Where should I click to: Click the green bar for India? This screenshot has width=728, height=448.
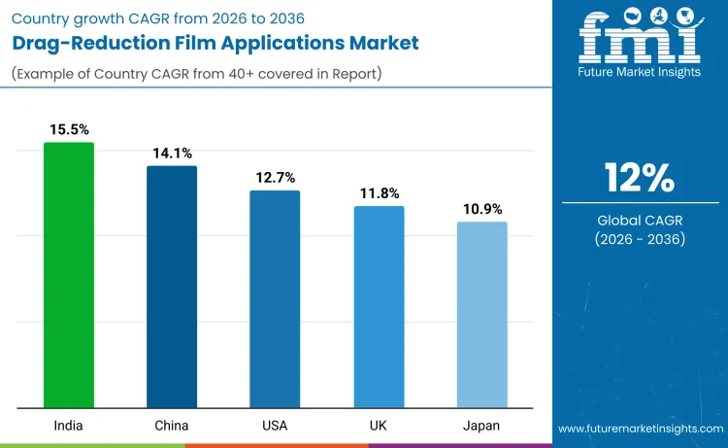click(x=69, y=275)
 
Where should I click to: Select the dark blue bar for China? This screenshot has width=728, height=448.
click(x=172, y=287)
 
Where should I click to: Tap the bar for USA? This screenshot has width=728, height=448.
click(x=275, y=299)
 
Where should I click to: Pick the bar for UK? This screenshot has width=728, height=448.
click(x=379, y=307)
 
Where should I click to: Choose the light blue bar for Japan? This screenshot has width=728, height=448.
click(x=481, y=315)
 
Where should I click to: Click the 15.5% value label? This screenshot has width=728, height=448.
click(x=69, y=128)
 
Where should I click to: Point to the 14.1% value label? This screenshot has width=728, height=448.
click(x=172, y=153)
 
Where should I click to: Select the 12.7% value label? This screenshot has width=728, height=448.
click(x=275, y=177)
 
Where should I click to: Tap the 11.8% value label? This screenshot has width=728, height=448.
click(x=379, y=192)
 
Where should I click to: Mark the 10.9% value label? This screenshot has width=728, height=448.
click(x=481, y=209)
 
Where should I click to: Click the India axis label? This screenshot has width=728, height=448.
click(x=69, y=426)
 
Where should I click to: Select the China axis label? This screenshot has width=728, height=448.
click(x=172, y=426)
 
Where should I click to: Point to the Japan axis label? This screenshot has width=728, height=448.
click(x=481, y=426)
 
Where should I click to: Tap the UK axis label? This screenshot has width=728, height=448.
click(x=379, y=426)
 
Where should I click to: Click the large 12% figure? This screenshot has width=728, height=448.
click(x=639, y=179)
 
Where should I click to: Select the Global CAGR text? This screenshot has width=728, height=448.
click(x=639, y=221)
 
